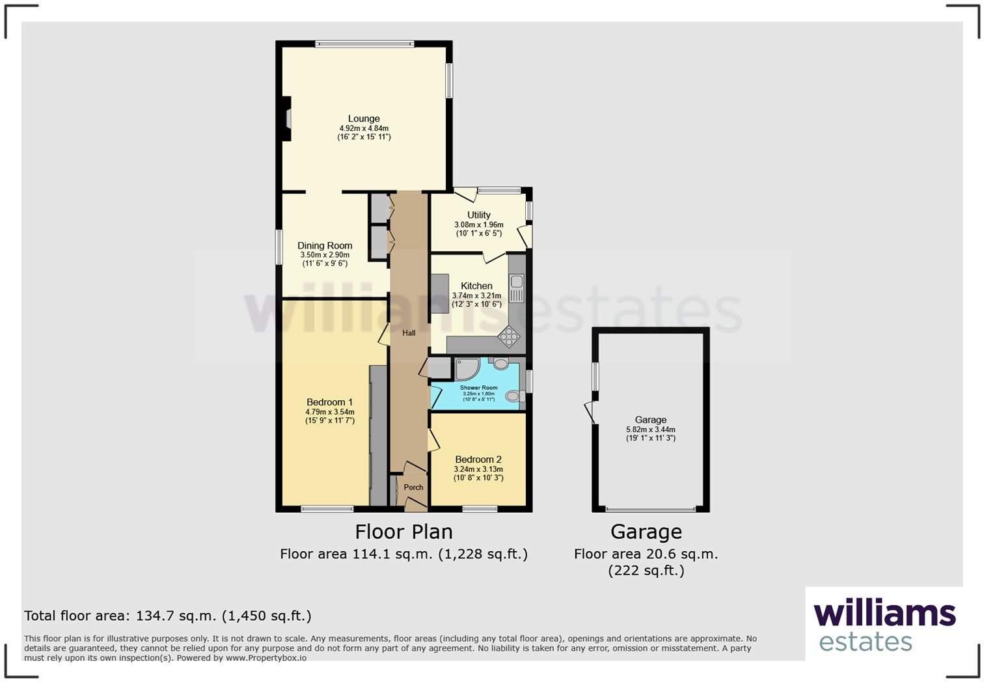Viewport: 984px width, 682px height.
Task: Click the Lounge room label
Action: pos(364,119)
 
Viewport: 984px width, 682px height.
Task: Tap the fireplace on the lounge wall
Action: pos(286,119)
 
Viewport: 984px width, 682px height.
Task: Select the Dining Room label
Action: pos(325,245)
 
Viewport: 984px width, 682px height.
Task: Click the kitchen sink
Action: pos(517,288)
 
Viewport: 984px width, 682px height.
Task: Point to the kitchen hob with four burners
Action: pos(509,336)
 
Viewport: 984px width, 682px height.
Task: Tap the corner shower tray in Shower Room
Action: pos(466,368)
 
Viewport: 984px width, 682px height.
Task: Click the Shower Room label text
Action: pos(478,388)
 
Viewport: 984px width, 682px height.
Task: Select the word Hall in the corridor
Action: pos(409,333)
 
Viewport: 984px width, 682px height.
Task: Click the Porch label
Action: pos(413,487)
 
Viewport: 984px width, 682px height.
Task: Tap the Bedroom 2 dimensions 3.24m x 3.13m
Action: pos(478,469)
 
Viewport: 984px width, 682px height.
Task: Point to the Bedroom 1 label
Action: pos(329,402)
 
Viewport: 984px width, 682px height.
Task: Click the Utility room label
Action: pos(478,215)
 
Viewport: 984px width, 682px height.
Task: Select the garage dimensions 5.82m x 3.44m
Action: pos(650,430)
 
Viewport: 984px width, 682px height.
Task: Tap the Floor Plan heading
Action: pos(403,532)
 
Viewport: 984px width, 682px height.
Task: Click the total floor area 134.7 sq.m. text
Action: pos(168,616)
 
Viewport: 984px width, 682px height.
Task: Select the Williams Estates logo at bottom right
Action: pos(884,625)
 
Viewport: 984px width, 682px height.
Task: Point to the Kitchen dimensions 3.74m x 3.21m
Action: pos(476,295)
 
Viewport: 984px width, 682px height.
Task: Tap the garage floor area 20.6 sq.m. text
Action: pos(646,554)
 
